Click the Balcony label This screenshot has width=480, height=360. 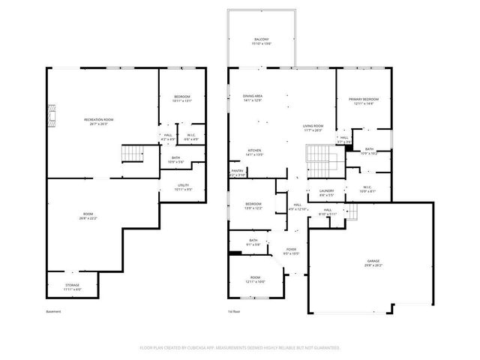click(x=261, y=39)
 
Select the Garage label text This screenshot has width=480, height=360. click(x=373, y=260)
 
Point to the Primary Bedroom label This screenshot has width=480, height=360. click(x=363, y=99)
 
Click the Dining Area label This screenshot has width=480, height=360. click(x=252, y=96)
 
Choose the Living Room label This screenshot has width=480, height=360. click(x=313, y=125)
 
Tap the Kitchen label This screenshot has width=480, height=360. click(x=255, y=150)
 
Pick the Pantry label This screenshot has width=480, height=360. click(x=236, y=171)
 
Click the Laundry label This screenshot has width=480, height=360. click(x=325, y=190)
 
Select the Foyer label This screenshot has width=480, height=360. click(x=291, y=250)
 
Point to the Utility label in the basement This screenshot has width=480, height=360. click(x=183, y=185)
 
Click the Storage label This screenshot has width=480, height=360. click(x=72, y=286)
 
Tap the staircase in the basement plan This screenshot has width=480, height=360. click(x=133, y=154)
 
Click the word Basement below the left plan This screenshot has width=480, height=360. click(x=53, y=311)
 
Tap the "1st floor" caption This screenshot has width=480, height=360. click(x=234, y=311)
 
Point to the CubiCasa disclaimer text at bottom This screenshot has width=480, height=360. click(x=240, y=348)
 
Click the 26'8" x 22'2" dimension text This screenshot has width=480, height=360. click(x=88, y=218)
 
